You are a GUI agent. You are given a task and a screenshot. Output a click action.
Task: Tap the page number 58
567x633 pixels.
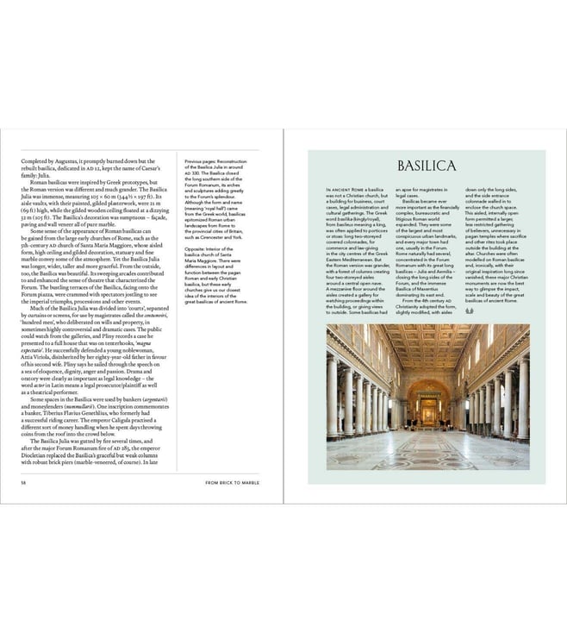click(x=23, y=483)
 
